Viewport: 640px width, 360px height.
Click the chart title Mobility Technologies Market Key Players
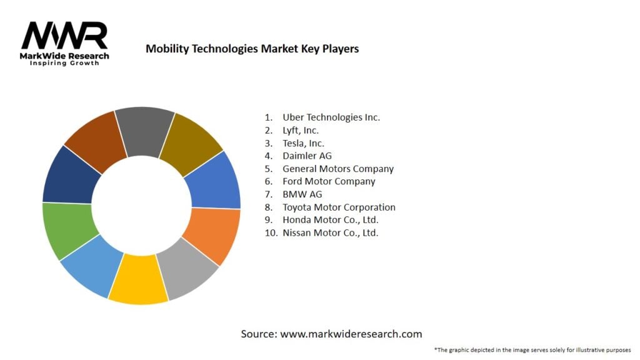pos(252,49)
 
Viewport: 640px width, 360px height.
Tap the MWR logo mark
pos(64,36)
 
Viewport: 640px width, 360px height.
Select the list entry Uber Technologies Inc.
pos(331,117)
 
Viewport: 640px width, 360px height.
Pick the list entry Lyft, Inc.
pos(300,130)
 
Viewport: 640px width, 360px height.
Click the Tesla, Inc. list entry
pos(303,143)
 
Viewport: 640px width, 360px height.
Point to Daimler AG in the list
pos(307,156)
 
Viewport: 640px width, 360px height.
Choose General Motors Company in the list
pos(337,169)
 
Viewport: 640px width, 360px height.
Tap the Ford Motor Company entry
pos(329,181)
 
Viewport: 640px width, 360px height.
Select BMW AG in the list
pos(302,194)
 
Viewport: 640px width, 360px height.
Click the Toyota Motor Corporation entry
pos(339,207)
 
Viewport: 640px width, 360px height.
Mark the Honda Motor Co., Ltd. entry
pos(330,220)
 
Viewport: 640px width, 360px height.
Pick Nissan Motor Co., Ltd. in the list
pos(330,232)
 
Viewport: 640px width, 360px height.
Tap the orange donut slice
pos(211,235)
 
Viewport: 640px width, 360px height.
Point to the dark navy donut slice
pos(72,175)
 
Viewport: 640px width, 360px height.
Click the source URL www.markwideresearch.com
pos(351,334)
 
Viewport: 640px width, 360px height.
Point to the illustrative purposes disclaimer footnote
pos(532,350)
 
